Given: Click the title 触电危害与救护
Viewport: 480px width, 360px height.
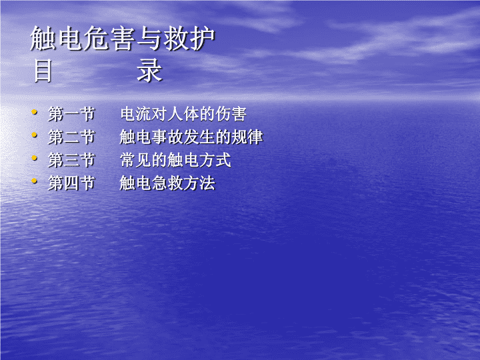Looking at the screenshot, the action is tap(123, 38).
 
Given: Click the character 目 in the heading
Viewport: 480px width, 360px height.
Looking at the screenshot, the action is tap(43, 71).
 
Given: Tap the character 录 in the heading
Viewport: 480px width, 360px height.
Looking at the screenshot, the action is tap(149, 71).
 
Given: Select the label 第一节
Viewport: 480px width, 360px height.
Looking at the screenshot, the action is tap(71, 114).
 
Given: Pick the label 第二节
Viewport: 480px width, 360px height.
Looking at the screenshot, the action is tap(71, 137).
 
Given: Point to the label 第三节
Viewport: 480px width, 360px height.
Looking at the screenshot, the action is tap(71, 160).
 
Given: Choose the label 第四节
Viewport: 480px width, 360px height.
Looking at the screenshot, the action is tap(71, 183).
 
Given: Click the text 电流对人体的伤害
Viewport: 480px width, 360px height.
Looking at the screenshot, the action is tap(183, 114).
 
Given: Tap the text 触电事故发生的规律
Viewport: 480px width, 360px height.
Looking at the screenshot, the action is tap(191, 137).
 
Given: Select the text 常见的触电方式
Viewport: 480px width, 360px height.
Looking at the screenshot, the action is tap(175, 160).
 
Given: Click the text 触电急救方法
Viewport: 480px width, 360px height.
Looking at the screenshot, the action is tap(167, 183).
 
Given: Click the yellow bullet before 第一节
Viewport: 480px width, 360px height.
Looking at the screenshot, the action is tap(34, 112).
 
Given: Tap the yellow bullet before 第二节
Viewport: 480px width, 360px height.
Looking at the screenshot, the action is tap(34, 135).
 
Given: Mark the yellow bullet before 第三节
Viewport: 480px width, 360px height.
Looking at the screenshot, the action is tap(34, 158).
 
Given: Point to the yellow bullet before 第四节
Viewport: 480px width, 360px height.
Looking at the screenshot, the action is tap(34, 181).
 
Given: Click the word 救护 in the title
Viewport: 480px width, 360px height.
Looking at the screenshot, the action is tap(189, 38).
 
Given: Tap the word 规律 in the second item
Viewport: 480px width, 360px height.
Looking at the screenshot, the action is tap(247, 137).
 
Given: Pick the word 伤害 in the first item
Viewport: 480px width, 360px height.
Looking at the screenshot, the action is tap(231, 114).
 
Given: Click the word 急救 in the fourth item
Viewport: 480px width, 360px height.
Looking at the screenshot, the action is tap(167, 183).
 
